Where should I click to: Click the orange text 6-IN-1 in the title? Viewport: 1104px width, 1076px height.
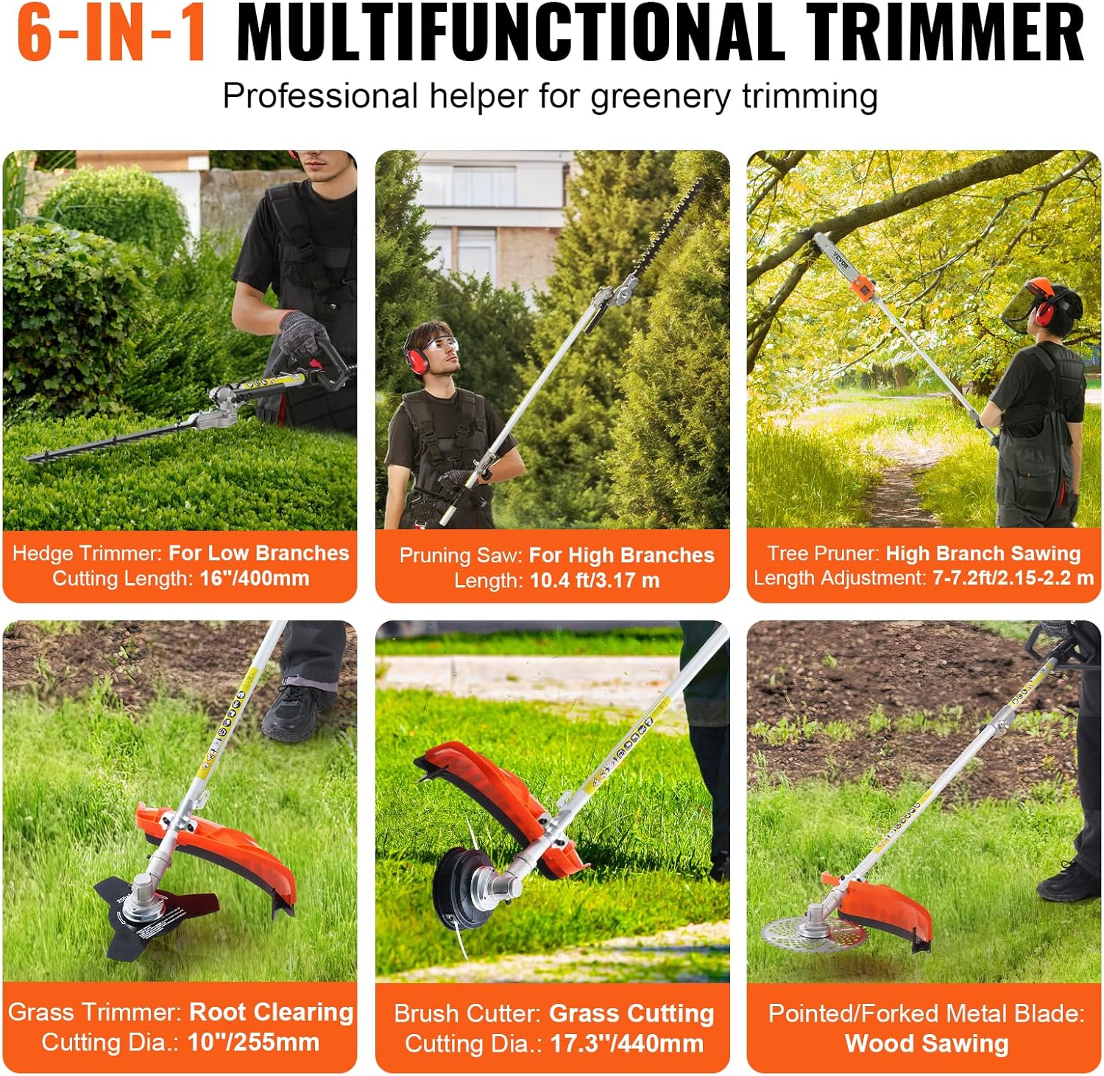click(112, 33)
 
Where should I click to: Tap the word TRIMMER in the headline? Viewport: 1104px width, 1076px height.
click(945, 33)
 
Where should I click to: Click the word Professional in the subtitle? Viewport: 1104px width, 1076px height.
click(320, 96)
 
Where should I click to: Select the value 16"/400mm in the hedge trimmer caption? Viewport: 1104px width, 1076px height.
click(254, 578)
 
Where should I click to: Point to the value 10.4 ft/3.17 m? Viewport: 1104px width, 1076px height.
click(595, 581)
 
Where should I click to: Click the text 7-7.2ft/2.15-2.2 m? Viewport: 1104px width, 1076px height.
click(1013, 578)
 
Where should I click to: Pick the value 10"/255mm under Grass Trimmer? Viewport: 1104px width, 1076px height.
click(253, 1042)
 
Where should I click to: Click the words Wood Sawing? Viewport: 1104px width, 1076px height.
click(926, 1044)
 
